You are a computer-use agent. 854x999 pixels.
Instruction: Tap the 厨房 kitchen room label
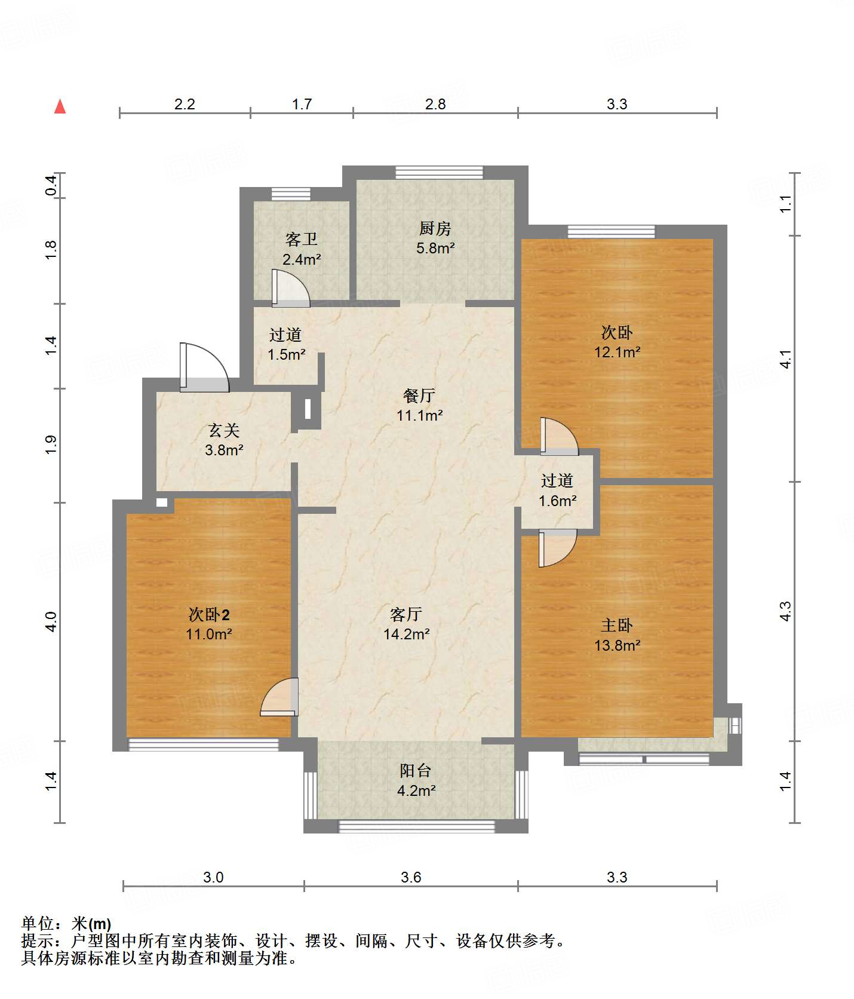[435, 228]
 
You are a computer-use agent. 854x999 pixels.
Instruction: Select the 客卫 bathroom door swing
[291, 288]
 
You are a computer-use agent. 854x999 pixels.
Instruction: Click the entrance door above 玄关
[204, 367]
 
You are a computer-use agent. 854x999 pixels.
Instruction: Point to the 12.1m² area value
[617, 352]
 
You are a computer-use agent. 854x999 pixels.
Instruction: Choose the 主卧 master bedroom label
[617, 626]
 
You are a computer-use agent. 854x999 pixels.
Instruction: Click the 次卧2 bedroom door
[279, 697]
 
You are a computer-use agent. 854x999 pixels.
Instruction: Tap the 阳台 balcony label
[416, 771]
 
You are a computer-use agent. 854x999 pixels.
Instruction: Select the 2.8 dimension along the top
[435, 104]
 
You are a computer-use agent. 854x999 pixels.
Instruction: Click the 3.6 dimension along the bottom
[411, 877]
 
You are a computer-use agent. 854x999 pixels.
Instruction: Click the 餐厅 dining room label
[419, 396]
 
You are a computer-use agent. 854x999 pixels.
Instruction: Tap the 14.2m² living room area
[406, 634]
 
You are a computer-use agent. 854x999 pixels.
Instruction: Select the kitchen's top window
[439, 172]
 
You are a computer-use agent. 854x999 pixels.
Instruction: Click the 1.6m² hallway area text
[557, 501]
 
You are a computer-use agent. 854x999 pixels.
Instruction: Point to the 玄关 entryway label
[224, 430]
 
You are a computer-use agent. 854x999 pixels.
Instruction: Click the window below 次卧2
[204, 744]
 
